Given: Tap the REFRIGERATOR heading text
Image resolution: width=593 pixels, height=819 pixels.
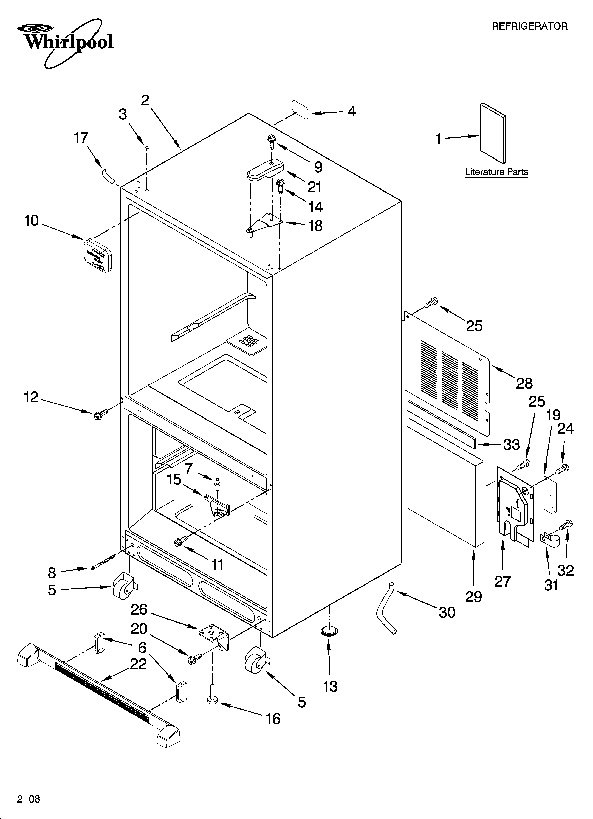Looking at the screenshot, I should pyautogui.click(x=529, y=26).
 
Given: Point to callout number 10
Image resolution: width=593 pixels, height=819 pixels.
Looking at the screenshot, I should pyautogui.click(x=31, y=221).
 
